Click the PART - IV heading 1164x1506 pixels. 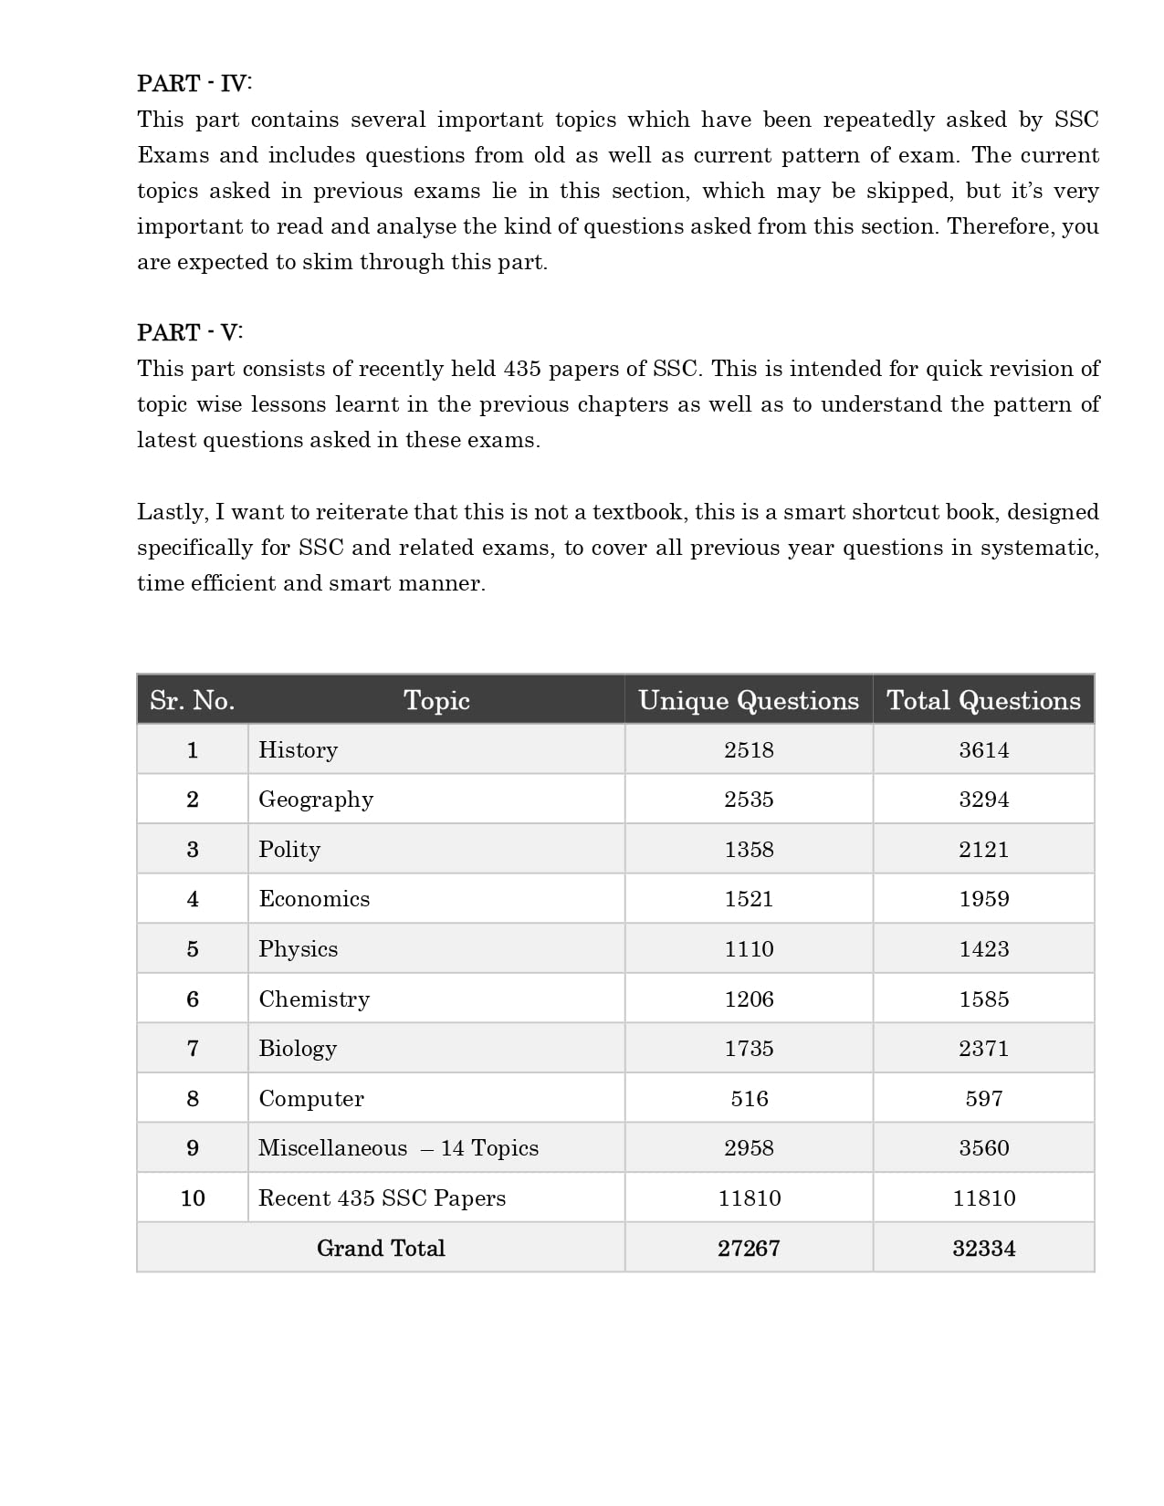[194, 83]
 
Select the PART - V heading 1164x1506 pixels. [190, 332]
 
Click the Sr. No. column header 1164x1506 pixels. [193, 700]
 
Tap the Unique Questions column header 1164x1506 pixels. [749, 700]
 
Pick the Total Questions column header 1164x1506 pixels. [983, 700]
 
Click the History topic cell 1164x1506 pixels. [299, 750]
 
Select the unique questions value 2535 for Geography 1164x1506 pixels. [749, 800]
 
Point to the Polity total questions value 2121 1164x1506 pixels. [983, 850]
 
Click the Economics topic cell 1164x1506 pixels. [314, 899]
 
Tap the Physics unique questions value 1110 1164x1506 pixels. [749, 949]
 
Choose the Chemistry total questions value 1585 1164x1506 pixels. [983, 999]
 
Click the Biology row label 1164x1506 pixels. [298, 1049]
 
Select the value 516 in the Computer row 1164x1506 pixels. [749, 1099]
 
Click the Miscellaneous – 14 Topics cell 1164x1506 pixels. [398, 1148]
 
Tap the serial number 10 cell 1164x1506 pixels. [193, 1198]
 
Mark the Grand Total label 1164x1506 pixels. [381, 1249]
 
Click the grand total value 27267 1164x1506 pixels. [749, 1249]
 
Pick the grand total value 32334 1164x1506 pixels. [983, 1249]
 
